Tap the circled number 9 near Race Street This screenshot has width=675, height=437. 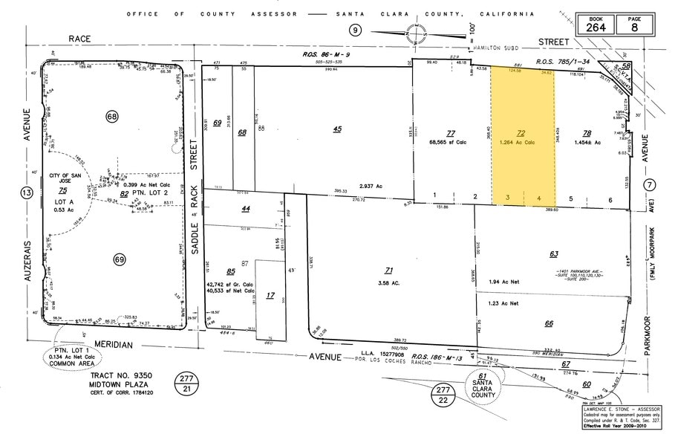click(356, 30)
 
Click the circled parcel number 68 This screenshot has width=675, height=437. click(112, 117)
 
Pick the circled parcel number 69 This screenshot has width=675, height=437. click(120, 259)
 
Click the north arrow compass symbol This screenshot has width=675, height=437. click(410, 33)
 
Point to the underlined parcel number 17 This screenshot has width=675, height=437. click(270, 295)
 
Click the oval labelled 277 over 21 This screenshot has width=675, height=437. click(186, 384)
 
